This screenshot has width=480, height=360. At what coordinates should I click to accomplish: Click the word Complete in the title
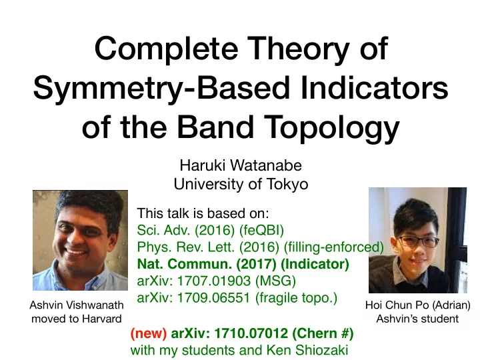[x=167, y=49]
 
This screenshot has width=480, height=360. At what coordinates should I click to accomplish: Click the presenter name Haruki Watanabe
[x=241, y=165]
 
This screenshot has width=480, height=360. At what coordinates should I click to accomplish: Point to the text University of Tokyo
[x=241, y=184]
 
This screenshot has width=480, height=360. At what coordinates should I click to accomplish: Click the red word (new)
[x=149, y=333]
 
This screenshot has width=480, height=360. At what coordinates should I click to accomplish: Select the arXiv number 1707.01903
[x=214, y=281]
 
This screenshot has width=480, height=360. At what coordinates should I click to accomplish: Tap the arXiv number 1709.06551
[x=214, y=297]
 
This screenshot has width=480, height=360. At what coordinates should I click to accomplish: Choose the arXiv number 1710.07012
[x=251, y=333]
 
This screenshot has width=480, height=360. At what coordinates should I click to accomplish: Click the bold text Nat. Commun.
[x=185, y=264]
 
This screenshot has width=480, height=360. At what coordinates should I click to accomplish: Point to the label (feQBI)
[x=262, y=230]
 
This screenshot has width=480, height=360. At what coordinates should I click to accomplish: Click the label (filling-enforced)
[x=334, y=247]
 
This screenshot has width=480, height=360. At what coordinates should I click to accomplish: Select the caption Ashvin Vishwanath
[x=77, y=305]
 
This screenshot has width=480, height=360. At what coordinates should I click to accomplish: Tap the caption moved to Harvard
[x=77, y=319]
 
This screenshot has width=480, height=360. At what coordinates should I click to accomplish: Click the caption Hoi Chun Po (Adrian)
[x=417, y=305]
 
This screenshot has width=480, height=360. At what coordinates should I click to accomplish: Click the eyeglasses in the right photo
[x=418, y=242]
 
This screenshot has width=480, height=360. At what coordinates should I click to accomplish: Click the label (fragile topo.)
[x=296, y=298]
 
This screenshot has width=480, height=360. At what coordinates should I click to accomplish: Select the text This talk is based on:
[x=203, y=213]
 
